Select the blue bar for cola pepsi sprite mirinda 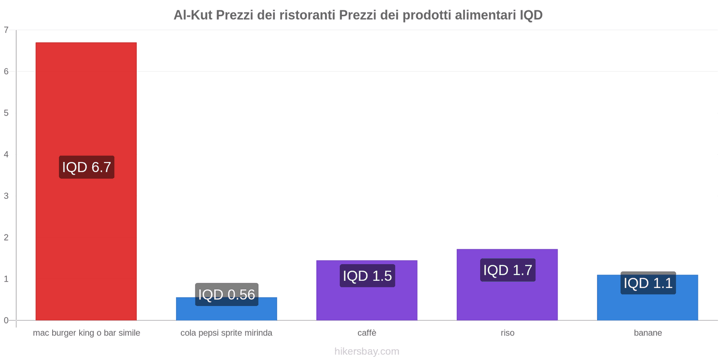pyautogui.click(x=226, y=313)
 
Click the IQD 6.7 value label pyautogui.click(x=86, y=167)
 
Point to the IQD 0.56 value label pyautogui.click(x=226, y=294)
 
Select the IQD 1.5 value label pyautogui.click(x=367, y=275)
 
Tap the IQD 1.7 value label pyautogui.click(x=508, y=270)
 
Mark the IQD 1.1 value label pyautogui.click(x=648, y=283)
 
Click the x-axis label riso pyautogui.click(x=507, y=333)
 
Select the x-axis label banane pyautogui.click(x=648, y=333)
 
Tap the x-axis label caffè pyautogui.click(x=367, y=333)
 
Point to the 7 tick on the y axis pyautogui.click(x=6, y=30)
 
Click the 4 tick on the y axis pyautogui.click(x=6, y=154)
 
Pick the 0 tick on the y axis pyautogui.click(x=6, y=320)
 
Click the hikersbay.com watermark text pyautogui.click(x=367, y=351)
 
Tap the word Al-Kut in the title pyautogui.click(x=193, y=15)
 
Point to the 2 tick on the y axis pyautogui.click(x=6, y=238)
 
